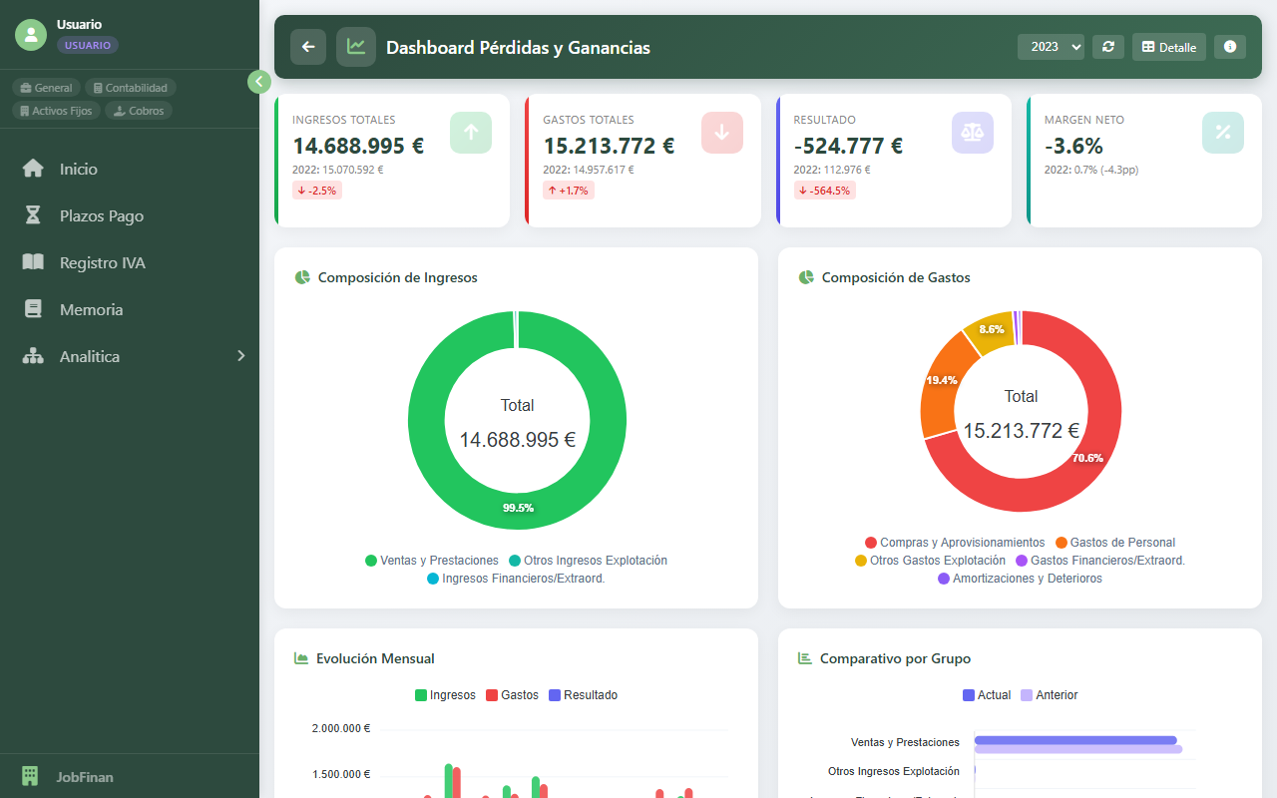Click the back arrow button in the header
pyautogui.click(x=308, y=47)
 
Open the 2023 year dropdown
pyautogui.click(x=1051, y=47)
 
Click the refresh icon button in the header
pyautogui.click(x=1107, y=47)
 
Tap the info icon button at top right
pyautogui.click(x=1229, y=47)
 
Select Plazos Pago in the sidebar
pyautogui.click(x=101, y=215)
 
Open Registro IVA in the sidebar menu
pyautogui.click(x=102, y=262)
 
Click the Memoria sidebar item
pyautogui.click(x=91, y=309)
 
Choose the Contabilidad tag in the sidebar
pyautogui.click(x=131, y=88)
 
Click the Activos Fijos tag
pyautogui.click(x=56, y=111)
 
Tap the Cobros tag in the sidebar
pyautogui.click(x=139, y=111)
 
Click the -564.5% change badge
pyautogui.click(x=824, y=191)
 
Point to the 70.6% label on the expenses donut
pyautogui.click(x=1086, y=458)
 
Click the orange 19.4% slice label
pyautogui.click(x=941, y=380)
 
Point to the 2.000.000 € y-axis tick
pyautogui.click(x=340, y=728)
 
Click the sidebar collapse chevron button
pyautogui.click(x=259, y=82)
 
